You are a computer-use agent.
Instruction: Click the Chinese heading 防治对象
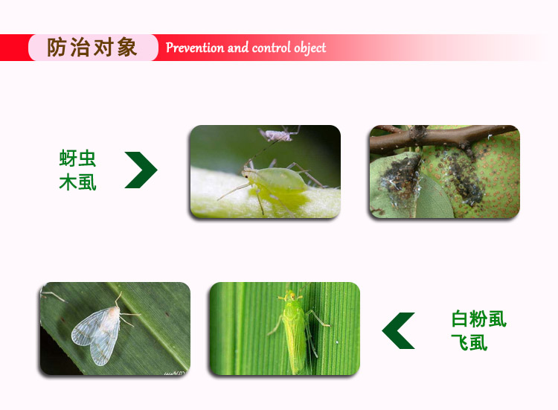[92, 48]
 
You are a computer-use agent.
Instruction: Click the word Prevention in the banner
[195, 48]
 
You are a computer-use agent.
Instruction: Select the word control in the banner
[271, 48]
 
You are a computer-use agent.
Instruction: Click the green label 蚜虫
[77, 158]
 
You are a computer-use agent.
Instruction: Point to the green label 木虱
[77, 182]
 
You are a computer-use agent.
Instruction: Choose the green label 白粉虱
[478, 318]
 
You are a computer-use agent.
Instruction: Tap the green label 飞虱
[469, 342]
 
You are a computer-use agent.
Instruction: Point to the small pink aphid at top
[278, 135]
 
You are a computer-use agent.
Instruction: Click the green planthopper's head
[292, 295]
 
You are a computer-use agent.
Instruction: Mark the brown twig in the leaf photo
[441, 137]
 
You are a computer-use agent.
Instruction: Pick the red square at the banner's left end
[15, 48]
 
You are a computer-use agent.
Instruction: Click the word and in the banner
[238, 48]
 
